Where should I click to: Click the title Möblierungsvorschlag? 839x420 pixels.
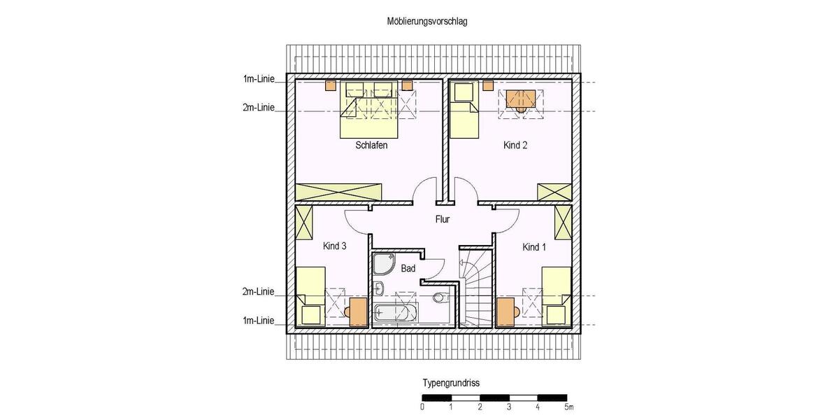427,22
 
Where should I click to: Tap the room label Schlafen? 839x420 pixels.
371,146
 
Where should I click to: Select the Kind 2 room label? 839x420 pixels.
515,146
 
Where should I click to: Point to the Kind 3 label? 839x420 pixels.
335,246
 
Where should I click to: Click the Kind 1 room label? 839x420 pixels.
535,247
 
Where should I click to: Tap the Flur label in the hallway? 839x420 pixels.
442,219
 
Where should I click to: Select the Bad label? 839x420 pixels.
409,268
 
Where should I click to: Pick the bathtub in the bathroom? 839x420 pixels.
395,313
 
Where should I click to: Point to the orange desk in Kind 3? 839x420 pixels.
357,310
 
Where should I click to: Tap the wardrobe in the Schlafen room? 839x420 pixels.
338,192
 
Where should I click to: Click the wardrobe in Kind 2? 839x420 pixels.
554,192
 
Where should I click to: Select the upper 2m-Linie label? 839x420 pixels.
259,108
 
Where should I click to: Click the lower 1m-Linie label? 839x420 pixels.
259,321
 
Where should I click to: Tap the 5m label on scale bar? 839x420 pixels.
569,407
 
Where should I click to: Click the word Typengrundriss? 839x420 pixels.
450,384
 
